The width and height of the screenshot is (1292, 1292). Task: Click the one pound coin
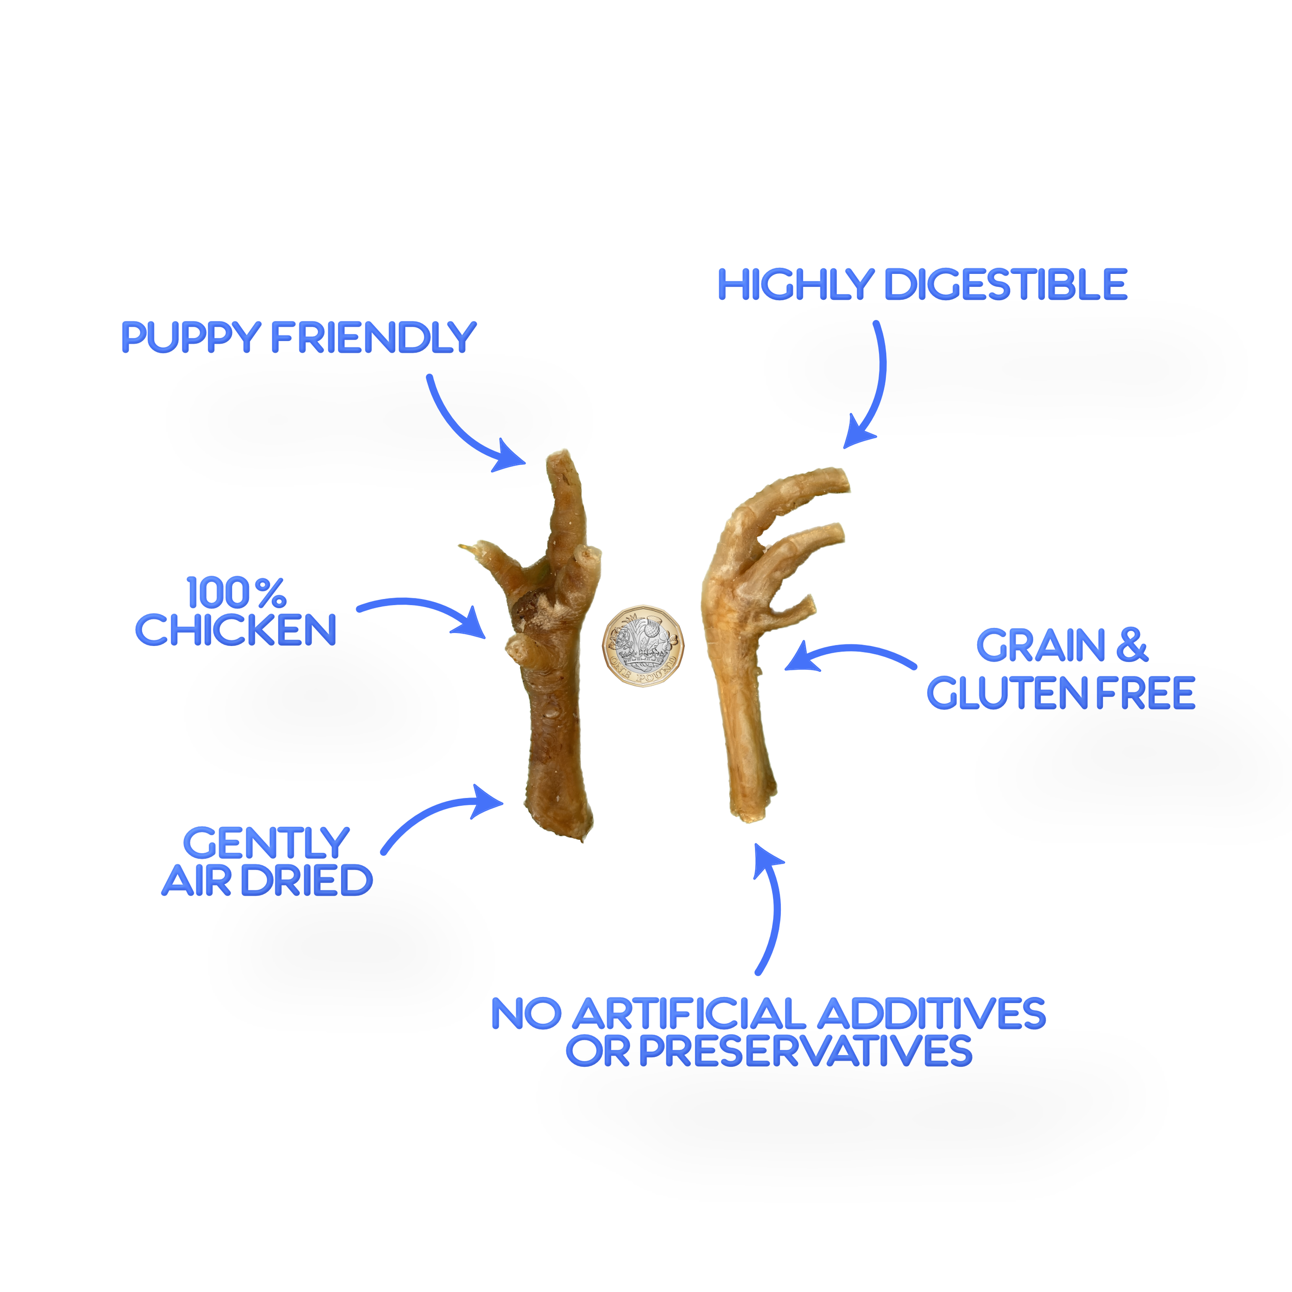[x=643, y=646]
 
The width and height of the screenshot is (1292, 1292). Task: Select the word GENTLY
[x=266, y=843]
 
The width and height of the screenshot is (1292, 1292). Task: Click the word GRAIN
[x=1041, y=646]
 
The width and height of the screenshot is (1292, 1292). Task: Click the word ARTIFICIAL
[x=689, y=1014]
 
